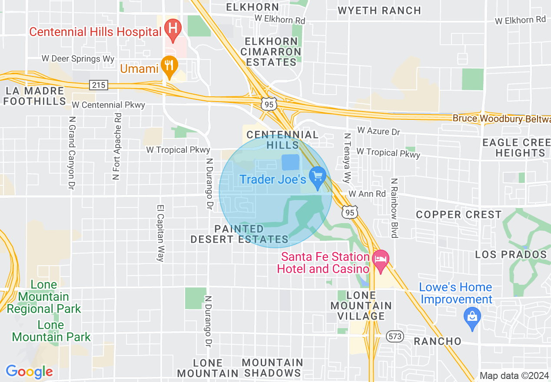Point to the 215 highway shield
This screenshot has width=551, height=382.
pos(99,85)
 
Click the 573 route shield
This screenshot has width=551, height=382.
pos(395,336)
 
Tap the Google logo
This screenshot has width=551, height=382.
pos(29,372)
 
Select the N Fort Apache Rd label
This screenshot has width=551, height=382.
pos(116,146)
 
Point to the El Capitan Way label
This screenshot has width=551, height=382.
pos(161,233)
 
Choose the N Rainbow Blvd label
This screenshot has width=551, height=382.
pos(395,208)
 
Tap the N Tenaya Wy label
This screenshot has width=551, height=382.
pos(347,158)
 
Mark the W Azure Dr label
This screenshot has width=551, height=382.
pos(378,131)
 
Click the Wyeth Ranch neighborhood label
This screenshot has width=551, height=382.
pos(379,10)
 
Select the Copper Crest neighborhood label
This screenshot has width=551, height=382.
pos(459,215)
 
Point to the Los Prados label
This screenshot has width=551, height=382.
pos(511,254)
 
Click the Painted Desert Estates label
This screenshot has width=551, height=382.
pos(239,234)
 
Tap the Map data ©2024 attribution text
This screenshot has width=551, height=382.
pos(514,376)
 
